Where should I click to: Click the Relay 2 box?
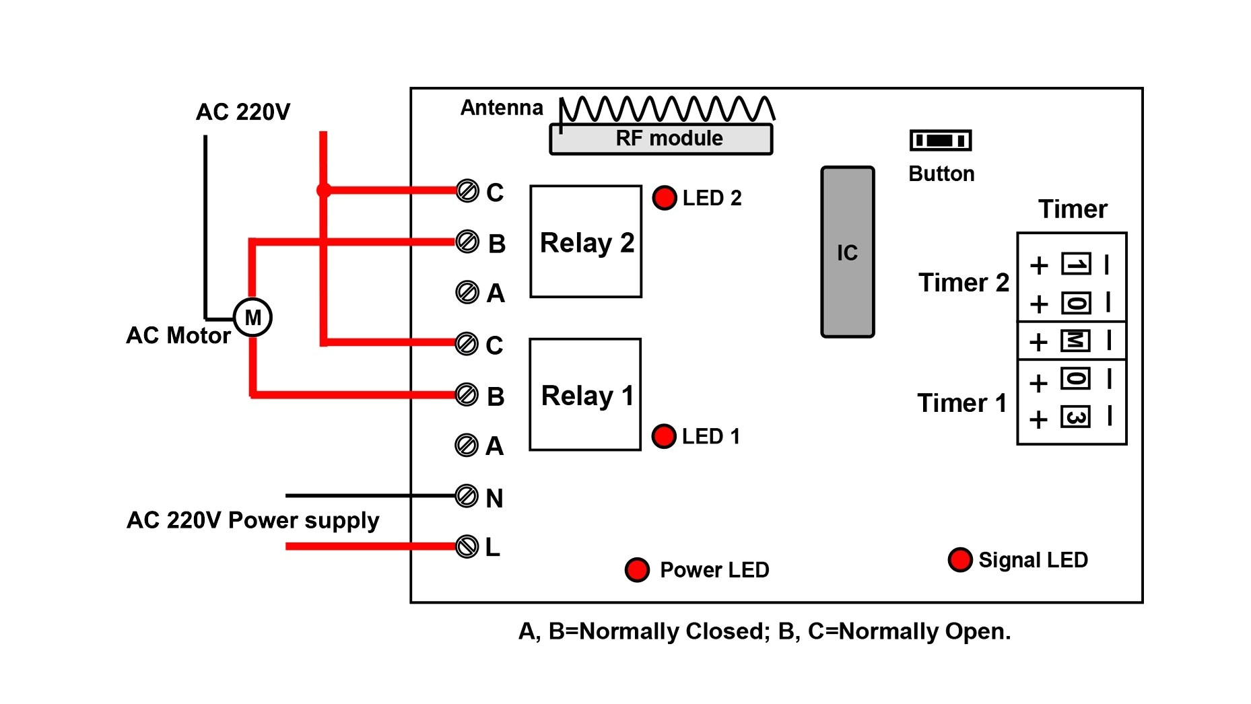[x=586, y=242]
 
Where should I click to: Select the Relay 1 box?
[x=585, y=394]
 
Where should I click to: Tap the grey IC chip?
[x=847, y=252]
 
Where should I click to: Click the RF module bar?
[x=661, y=139]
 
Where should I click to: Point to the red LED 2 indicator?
[x=664, y=198]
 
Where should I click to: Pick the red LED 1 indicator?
[x=664, y=436]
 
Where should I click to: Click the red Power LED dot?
[x=637, y=569]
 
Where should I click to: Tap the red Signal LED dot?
[x=959, y=559]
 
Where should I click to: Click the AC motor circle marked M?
[x=252, y=317]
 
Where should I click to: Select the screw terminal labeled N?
[x=467, y=496]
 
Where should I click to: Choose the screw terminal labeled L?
[x=467, y=546]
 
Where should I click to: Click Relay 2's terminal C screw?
[x=467, y=191]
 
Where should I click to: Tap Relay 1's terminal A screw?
[x=466, y=445]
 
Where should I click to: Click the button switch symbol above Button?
[x=940, y=140]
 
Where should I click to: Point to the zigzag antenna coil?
[x=667, y=109]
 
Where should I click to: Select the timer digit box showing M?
[x=1075, y=341]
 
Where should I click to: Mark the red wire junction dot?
[x=324, y=190]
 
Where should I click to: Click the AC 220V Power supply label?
[x=252, y=520]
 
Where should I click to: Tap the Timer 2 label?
[x=963, y=283]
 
